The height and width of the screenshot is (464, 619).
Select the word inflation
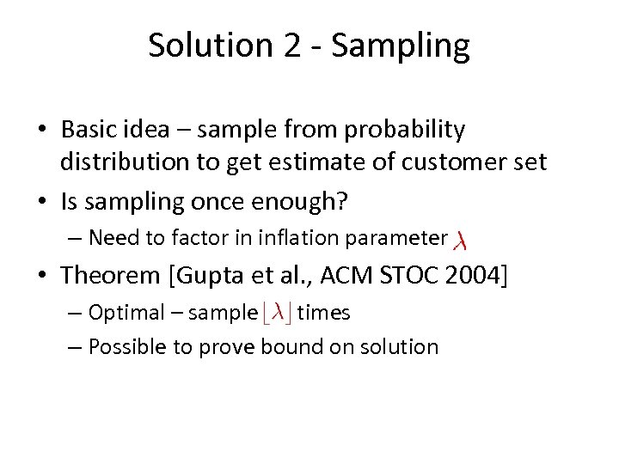point(287,237)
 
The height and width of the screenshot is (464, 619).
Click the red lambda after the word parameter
point(460,239)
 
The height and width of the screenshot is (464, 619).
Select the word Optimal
point(125,312)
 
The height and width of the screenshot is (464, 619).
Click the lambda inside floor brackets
point(277,313)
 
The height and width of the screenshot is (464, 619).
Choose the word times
point(323,312)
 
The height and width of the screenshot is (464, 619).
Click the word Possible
point(128,346)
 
